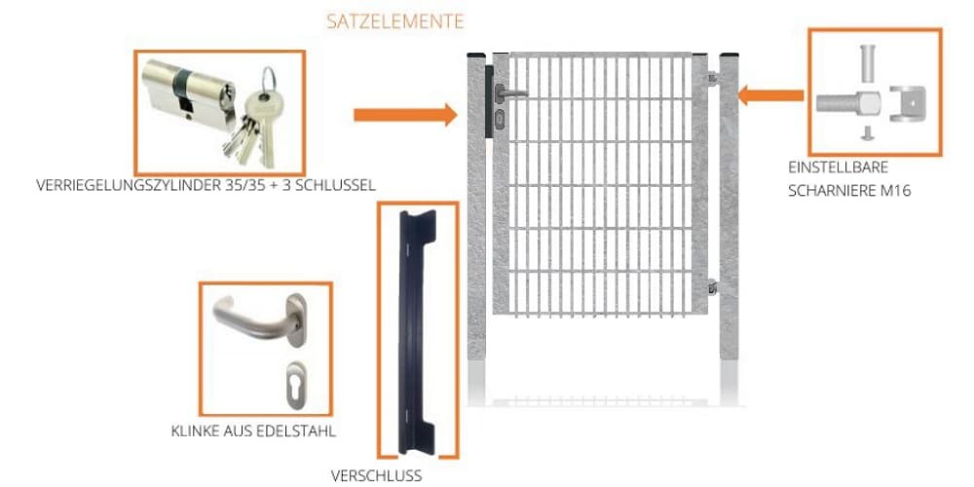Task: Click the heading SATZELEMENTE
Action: pyautogui.click(x=394, y=20)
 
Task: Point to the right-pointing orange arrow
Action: pyautogui.click(x=404, y=115)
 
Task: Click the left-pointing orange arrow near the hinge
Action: pyautogui.click(x=770, y=95)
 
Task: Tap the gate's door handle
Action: pyautogui.click(x=512, y=94)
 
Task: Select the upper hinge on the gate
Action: pyautogui.click(x=712, y=78)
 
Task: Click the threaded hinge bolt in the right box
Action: pyautogui.click(x=843, y=99)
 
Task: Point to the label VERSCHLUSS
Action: pyautogui.click(x=376, y=475)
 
